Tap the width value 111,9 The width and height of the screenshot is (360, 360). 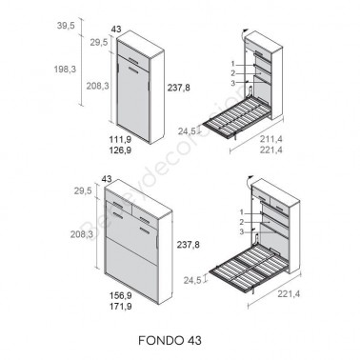click(x=121, y=139)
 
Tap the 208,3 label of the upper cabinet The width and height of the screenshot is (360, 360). click(x=97, y=85)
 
